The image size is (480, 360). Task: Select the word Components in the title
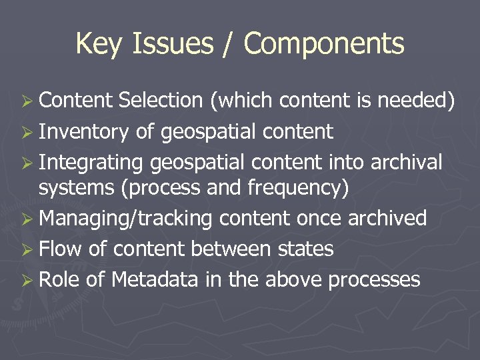click(x=324, y=44)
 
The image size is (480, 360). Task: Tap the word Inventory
click(x=83, y=131)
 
